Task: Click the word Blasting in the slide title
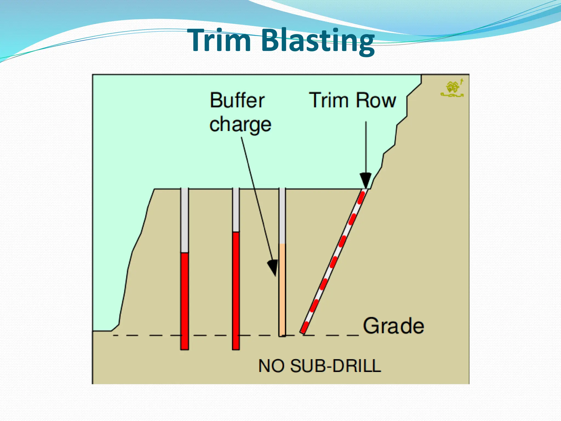click(318, 41)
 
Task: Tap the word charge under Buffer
click(240, 125)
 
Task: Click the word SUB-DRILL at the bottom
click(335, 366)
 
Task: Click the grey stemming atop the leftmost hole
click(185, 219)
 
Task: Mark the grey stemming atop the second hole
click(236, 210)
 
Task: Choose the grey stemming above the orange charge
click(282, 215)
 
